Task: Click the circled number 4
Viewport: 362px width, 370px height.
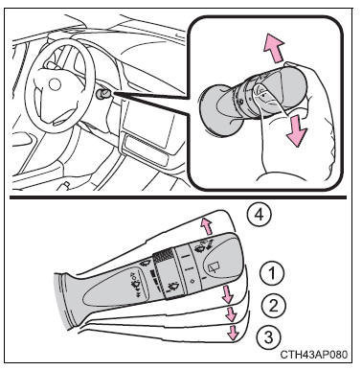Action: (260, 216)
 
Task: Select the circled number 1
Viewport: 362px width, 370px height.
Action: (272, 273)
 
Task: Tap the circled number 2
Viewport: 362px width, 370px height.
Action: (273, 306)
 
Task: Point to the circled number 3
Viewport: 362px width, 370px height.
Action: (268, 337)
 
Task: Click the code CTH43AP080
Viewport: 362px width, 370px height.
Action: (314, 355)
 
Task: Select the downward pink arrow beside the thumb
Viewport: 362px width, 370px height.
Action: (296, 131)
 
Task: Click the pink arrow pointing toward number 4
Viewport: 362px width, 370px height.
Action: (206, 226)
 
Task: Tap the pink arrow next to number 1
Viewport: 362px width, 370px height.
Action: (228, 294)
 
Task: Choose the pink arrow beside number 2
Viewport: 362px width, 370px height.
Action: (231, 314)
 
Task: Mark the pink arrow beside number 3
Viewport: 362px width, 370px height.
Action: (234, 333)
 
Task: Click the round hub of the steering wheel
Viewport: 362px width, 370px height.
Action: (55, 84)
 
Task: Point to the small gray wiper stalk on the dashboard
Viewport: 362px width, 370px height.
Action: (102, 94)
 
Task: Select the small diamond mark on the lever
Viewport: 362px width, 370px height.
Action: (192, 281)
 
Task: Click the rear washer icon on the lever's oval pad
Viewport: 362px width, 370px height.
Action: (134, 282)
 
